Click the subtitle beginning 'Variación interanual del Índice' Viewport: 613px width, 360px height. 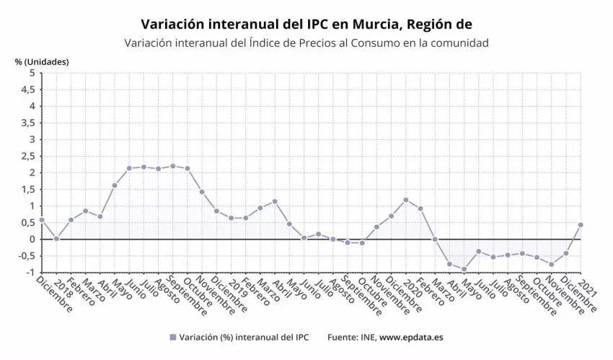306,43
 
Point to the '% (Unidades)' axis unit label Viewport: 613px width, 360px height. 42,61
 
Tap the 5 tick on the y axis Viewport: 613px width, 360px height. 31,73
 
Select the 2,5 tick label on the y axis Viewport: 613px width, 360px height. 28,156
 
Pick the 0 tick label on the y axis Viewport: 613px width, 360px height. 31,239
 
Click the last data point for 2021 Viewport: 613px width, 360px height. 581,224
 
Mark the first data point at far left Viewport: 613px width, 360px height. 42,220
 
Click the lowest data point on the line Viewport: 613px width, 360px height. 464,269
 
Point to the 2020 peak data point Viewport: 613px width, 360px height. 406,200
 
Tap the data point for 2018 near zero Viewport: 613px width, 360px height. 56,238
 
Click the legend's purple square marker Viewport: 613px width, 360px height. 172,337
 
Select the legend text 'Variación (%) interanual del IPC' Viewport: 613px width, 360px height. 244,337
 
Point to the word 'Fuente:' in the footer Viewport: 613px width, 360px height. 343,337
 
